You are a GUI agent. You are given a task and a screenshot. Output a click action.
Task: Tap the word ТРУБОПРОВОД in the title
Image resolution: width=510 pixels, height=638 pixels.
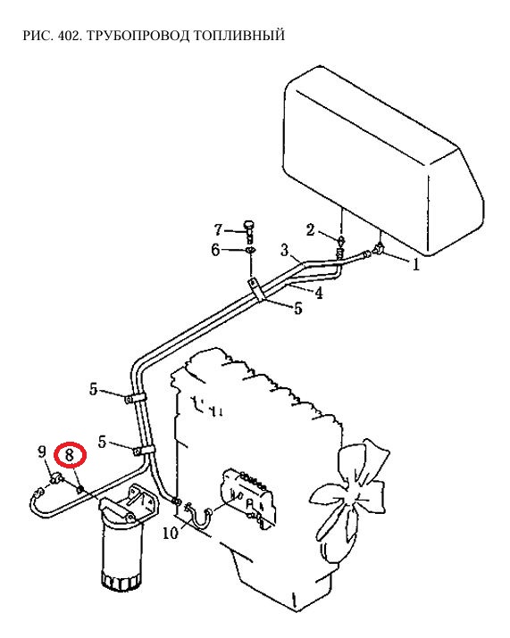coord(138,36)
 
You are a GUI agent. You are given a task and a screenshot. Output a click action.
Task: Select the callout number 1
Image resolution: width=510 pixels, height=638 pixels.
coord(415,265)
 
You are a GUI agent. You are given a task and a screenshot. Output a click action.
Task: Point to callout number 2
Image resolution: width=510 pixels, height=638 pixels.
coord(311,230)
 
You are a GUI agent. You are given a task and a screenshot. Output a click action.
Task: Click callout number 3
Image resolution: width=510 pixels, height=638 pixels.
coord(284,249)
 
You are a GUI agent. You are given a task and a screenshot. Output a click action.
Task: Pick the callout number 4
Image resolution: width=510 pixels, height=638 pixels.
coord(319,293)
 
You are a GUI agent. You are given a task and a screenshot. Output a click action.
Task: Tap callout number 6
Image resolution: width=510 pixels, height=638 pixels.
coord(215,250)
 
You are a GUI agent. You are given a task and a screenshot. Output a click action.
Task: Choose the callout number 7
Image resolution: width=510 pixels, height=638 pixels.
coord(219,230)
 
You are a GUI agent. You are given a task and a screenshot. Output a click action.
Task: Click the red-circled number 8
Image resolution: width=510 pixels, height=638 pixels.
coord(70,454)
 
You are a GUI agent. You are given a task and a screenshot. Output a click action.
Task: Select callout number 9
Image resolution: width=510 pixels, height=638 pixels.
coord(42,452)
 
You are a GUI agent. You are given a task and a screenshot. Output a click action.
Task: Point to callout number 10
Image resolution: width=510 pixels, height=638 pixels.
coord(171,533)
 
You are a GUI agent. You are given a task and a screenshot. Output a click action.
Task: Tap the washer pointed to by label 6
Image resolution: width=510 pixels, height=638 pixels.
coord(250,250)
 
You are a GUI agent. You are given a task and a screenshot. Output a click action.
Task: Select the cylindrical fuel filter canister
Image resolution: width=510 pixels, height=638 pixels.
coord(122,551)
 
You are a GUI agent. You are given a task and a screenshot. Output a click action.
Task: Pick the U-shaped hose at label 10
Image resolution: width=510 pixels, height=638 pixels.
coord(199,516)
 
